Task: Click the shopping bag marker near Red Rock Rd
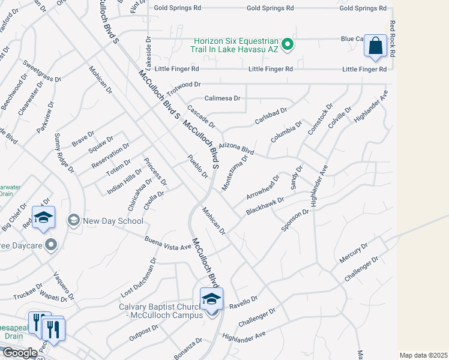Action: [375, 46]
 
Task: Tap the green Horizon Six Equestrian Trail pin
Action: [288, 44]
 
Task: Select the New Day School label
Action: [113, 221]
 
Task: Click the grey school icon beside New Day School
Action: [74, 220]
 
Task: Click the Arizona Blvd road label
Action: [237, 149]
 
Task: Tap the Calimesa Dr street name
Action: [222, 98]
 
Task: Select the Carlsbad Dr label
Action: [271, 115]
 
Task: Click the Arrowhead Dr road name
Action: [263, 188]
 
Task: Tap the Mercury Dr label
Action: [353, 252]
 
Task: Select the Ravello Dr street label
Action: [243, 300]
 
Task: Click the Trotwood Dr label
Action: [184, 88]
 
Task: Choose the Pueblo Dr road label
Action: [197, 166]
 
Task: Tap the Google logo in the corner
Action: [20, 353]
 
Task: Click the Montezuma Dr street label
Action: [234, 174]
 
